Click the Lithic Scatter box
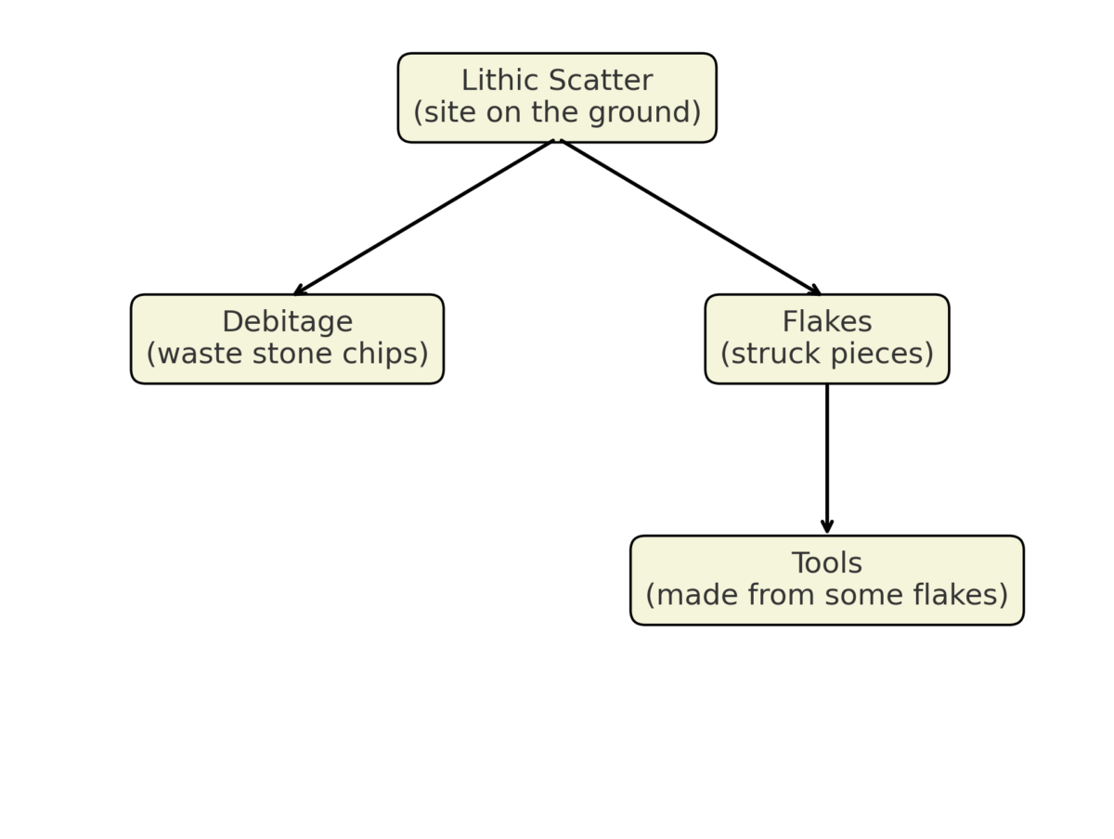pos(557,97)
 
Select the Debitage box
pos(287,339)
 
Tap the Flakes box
pos(826,339)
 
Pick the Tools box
pos(826,580)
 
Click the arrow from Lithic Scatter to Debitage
pos(422,218)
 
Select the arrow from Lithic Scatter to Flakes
pos(692,218)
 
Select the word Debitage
pos(287,322)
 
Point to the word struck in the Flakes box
pos(771,355)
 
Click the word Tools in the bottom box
pos(826,563)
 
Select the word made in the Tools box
pos(690,595)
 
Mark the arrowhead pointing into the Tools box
pos(826,527)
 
